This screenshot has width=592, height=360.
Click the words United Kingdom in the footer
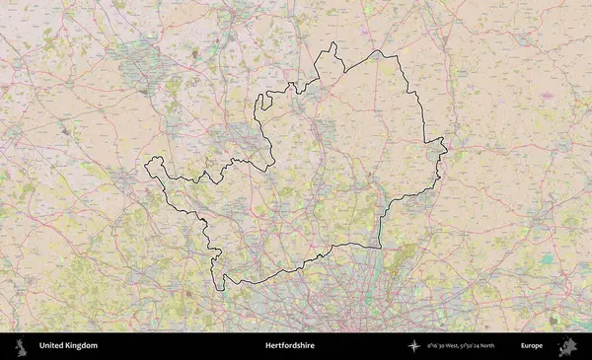(x=68, y=346)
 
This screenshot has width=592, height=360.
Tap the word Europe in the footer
(x=532, y=346)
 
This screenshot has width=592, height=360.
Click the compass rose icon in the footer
(x=414, y=346)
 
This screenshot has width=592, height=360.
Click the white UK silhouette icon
(x=20, y=346)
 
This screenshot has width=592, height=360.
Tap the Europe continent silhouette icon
(x=567, y=346)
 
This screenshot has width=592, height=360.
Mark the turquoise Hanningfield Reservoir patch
(x=547, y=260)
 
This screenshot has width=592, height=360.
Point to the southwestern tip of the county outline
(x=221, y=289)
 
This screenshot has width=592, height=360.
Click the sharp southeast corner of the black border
(x=380, y=245)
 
